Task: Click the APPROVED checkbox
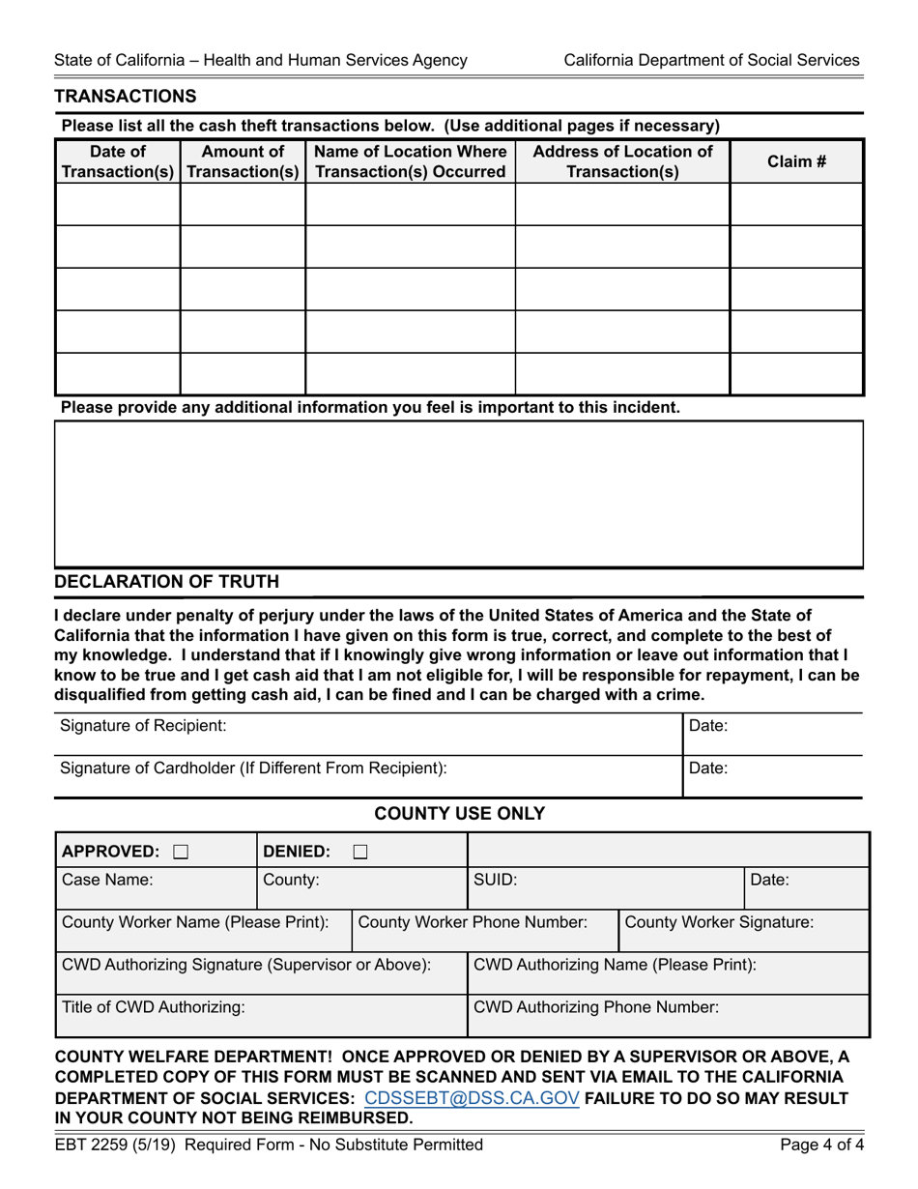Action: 181,852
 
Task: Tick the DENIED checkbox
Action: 359,852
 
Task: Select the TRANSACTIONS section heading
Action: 126,96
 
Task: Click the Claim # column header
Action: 796,161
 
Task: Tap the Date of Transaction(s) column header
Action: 118,161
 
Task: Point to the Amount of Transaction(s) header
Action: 243,161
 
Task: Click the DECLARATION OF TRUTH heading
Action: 167,581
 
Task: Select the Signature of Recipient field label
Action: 143,725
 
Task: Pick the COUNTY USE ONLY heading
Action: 459,813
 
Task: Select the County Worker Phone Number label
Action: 473,922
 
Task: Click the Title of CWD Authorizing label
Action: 154,1006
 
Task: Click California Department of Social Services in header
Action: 711,60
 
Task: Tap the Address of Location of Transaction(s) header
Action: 622,161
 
